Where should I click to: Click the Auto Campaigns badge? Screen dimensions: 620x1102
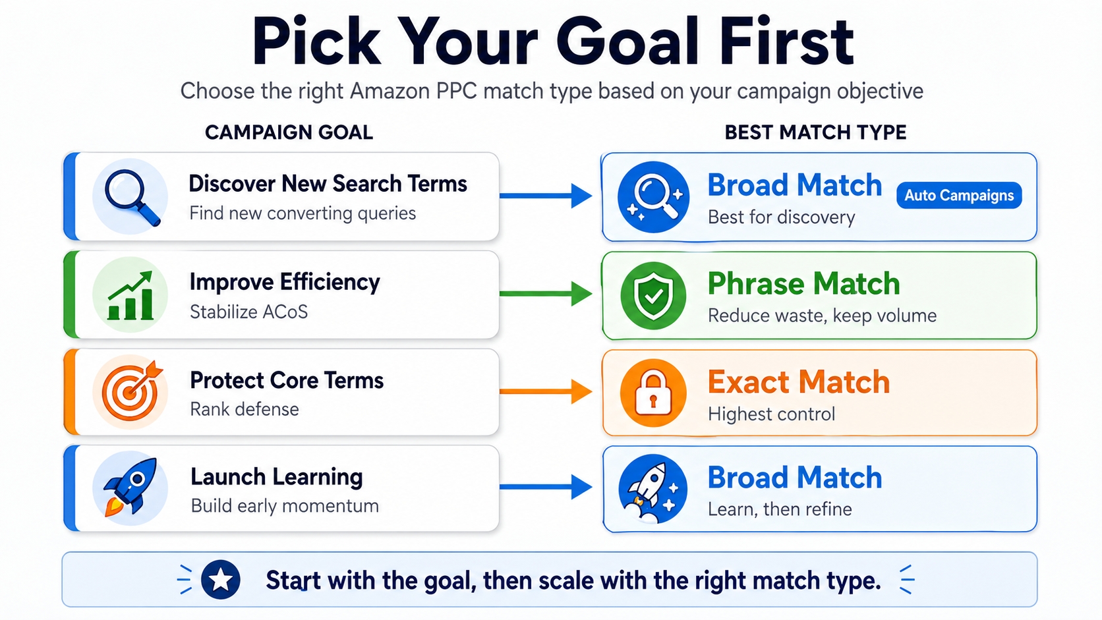tap(958, 196)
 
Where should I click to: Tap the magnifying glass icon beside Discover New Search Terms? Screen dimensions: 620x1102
tap(130, 196)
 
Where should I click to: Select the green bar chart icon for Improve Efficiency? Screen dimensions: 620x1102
tap(130, 295)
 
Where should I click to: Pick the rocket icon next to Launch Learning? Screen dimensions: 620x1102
tap(130, 488)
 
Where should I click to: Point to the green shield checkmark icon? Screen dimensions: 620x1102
tap(652, 296)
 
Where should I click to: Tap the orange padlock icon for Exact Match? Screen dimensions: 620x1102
tap(652, 393)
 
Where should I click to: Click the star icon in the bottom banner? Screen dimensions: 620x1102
tap(220, 580)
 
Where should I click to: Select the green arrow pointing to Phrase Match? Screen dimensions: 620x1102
tap(546, 293)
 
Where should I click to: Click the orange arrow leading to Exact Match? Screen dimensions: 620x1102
tap(546, 391)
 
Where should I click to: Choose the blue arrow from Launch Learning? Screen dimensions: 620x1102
tap(546, 487)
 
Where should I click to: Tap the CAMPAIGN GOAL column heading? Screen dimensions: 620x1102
tap(289, 132)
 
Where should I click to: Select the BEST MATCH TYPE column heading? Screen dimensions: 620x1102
tap(815, 132)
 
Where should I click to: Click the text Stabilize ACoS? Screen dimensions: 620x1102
tap(248, 312)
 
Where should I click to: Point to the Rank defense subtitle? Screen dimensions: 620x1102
tap(244, 409)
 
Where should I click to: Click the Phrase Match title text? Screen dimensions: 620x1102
tap(803, 284)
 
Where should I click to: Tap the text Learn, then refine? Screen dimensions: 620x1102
tap(780, 509)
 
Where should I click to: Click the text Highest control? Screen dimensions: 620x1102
tap(771, 414)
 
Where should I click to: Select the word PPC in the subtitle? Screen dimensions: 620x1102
tap(456, 91)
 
